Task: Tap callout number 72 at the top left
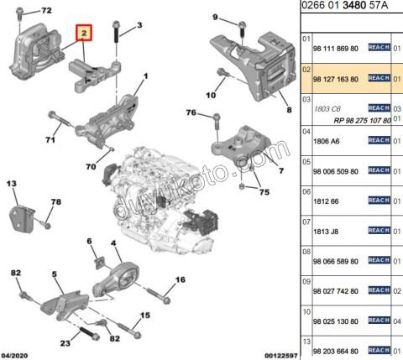(x=46, y=9)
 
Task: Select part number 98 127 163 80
(x=336, y=78)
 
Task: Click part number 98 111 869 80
(x=336, y=48)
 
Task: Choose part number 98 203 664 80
(x=336, y=349)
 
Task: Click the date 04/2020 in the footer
(x=17, y=354)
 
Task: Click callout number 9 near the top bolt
(x=214, y=17)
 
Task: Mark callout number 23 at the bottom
(x=65, y=343)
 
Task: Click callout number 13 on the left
(x=13, y=183)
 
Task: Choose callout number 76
(x=191, y=112)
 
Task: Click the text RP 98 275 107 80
(x=351, y=117)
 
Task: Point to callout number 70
(x=91, y=167)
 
